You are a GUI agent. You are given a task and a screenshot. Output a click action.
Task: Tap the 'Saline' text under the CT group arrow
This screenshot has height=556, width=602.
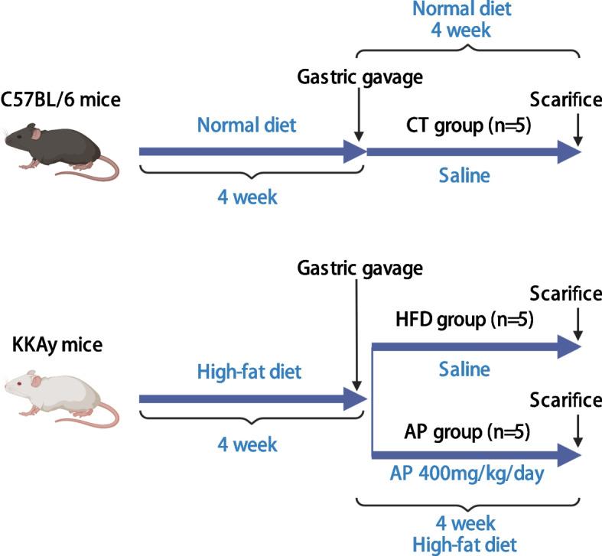pos(464,177)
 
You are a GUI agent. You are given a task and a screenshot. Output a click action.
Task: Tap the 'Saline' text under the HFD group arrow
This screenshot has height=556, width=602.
pos(464,369)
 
